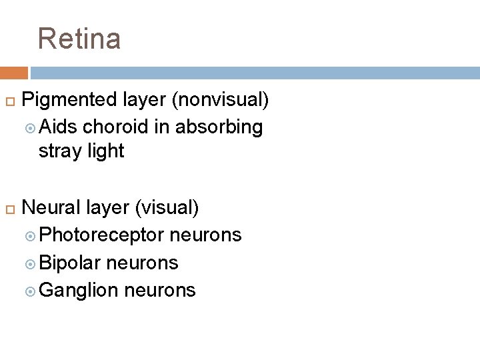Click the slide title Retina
79,39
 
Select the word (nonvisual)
221,100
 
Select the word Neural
52,208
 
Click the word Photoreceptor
102,235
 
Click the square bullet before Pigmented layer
9,101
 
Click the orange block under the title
14,73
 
